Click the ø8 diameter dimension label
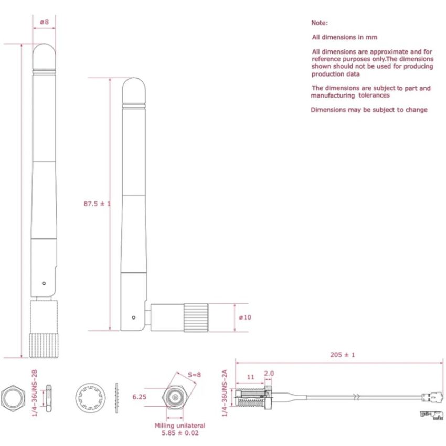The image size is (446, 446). point(44,22)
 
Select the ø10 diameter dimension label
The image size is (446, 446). point(245,317)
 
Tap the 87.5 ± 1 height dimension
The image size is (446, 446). point(97,204)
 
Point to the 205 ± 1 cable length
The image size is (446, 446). point(343,355)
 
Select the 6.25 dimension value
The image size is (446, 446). point(140,397)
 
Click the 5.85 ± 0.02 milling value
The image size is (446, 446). point(180,433)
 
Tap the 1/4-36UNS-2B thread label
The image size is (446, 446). point(35,386)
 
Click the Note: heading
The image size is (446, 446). point(320,23)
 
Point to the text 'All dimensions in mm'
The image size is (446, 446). point(344,37)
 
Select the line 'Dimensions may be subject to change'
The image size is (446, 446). point(369,110)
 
